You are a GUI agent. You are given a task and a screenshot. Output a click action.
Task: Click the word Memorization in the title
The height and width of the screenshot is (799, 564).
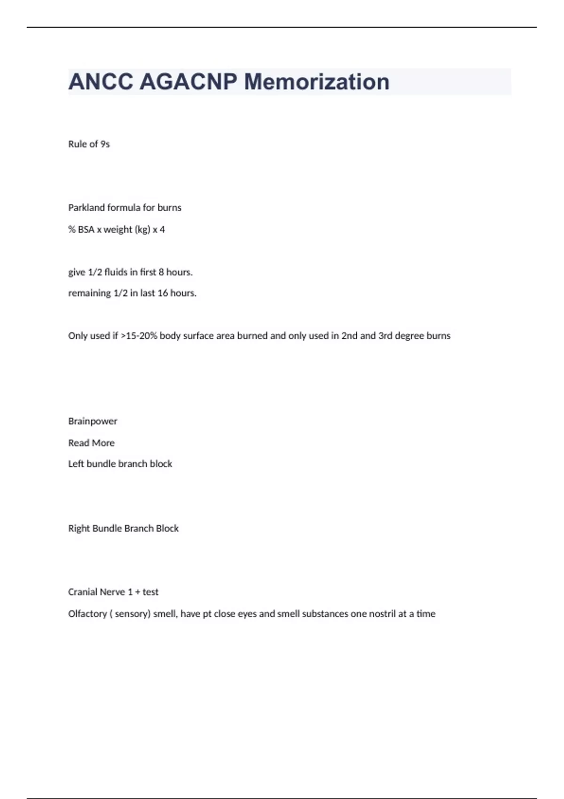coord(317,82)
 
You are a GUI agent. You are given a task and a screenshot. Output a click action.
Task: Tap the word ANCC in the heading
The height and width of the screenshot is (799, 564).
coord(101,82)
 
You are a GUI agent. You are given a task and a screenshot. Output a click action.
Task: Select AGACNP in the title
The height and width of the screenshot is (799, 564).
coord(188,82)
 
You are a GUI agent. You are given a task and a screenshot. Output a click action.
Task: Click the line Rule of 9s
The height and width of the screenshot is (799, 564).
coord(89,144)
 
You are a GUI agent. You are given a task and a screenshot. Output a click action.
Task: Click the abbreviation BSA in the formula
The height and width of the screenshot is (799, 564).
coord(86,230)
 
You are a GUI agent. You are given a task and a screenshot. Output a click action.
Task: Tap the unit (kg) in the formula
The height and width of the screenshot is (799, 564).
coord(142,230)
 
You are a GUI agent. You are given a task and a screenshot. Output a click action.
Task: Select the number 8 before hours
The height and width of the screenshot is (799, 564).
coord(161,272)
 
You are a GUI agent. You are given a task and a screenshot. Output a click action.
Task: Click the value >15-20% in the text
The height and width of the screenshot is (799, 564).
coord(139,336)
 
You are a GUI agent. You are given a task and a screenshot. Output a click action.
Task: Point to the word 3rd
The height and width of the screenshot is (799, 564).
coord(385,336)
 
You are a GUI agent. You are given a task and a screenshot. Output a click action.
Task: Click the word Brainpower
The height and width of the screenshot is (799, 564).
coord(93,421)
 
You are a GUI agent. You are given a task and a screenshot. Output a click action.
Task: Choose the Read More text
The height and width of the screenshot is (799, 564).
coord(91,443)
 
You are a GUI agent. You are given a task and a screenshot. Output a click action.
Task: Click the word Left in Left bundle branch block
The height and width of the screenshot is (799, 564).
coord(76,464)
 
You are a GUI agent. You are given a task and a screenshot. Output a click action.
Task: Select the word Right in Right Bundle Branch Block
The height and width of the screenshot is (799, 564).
coord(79,528)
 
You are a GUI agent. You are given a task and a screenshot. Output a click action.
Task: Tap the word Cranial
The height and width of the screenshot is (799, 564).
coord(83,592)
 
